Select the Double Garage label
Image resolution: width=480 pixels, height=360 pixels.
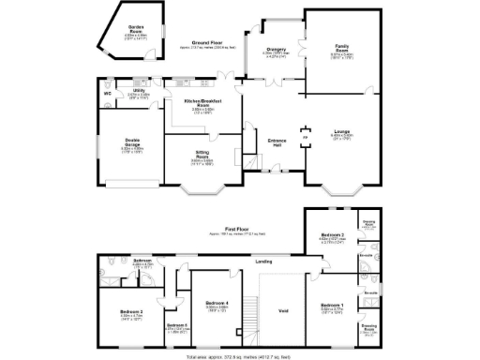tap(131, 145)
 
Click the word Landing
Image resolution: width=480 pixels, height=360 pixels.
tap(263, 262)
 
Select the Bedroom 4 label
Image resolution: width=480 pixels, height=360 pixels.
tap(217, 303)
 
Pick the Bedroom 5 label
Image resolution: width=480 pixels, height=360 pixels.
tap(177, 324)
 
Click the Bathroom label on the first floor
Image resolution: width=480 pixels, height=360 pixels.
tap(142, 261)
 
